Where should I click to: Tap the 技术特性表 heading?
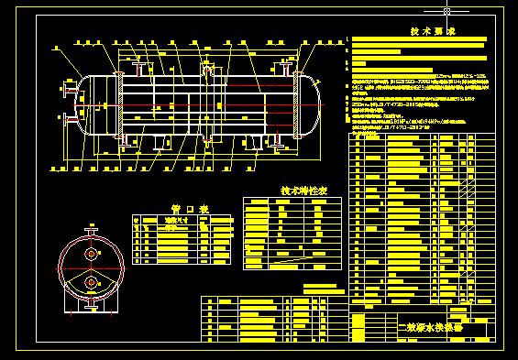point(299,191)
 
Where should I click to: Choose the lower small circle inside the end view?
point(92,281)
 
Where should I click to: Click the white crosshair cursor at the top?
point(446,11)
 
